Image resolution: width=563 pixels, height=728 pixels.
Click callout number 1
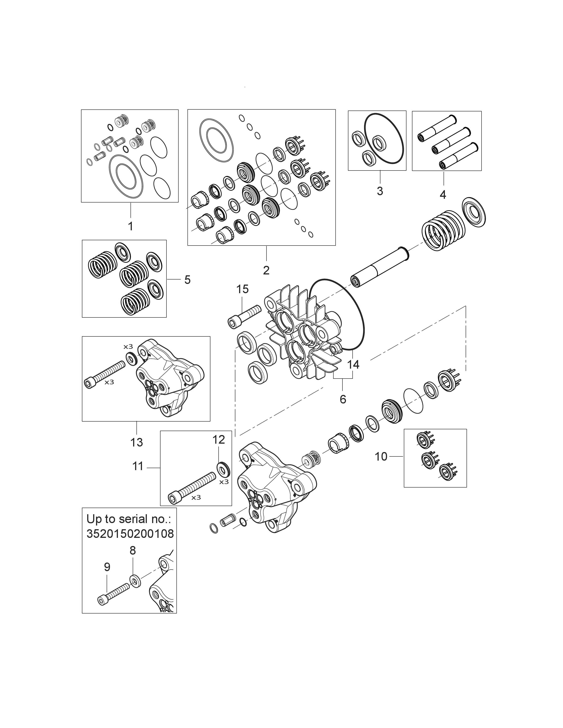click(131, 226)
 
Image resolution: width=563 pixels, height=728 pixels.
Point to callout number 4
click(443, 194)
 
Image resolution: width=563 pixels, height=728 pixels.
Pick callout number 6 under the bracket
click(343, 399)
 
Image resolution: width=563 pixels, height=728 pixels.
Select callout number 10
click(381, 456)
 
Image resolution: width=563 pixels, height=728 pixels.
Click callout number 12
click(219, 440)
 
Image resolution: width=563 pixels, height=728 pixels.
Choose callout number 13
click(136, 442)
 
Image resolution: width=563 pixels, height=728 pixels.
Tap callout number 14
click(353, 364)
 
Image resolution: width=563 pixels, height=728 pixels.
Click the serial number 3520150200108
click(130, 534)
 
